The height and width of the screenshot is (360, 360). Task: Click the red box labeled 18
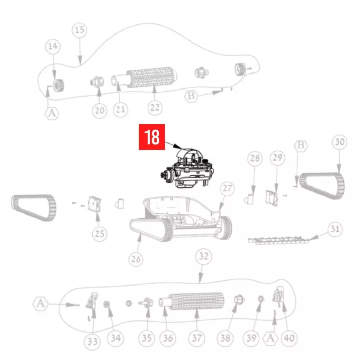pos(152,137)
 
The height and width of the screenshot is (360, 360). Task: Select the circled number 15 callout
pos(80,30)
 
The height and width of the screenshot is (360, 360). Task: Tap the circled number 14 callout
pos(53,46)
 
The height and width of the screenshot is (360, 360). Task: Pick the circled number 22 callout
pos(155,108)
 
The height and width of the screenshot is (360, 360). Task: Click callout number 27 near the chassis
pos(227,189)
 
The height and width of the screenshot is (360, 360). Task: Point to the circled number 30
pos(340,142)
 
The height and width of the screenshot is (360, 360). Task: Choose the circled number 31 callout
pos(335,229)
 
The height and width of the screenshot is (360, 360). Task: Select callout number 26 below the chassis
pos(136,259)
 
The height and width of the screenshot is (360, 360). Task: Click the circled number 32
pos(203,256)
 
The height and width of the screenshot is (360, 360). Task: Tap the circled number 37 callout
pos(197,338)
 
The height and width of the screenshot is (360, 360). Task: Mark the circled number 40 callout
pos(289,338)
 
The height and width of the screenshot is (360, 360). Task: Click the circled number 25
pos(99,234)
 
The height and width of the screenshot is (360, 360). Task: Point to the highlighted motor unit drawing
pos(187,168)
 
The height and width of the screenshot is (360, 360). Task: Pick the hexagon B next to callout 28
pos(301,145)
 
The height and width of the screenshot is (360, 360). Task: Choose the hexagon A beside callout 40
pos(270,338)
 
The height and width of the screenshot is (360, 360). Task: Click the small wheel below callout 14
pos(58,85)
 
